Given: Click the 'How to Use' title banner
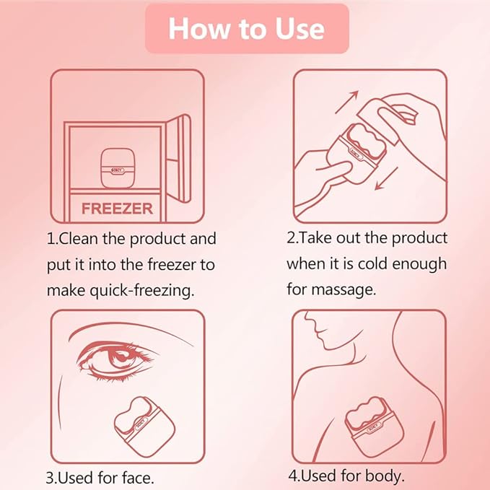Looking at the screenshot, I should point(246,28).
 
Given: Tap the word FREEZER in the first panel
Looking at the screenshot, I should point(117,209).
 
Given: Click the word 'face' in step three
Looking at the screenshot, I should point(137,478).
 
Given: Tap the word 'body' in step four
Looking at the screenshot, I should point(385,476).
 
